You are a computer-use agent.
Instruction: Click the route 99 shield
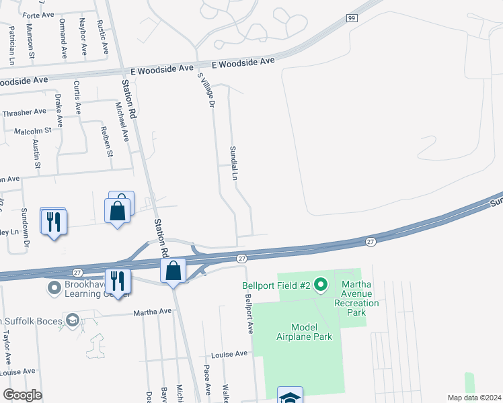[351, 19]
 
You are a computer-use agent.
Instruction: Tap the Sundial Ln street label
[234, 163]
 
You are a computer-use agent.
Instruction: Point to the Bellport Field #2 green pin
[321, 286]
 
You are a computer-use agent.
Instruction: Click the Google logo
[22, 395]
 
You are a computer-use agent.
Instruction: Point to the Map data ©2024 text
[473, 398]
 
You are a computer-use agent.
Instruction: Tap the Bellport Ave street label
[248, 314]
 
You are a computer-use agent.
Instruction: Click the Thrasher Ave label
[24, 112]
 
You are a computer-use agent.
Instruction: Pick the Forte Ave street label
[38, 15]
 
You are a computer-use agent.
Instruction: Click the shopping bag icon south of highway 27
[173, 271]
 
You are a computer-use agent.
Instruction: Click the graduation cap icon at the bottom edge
[290, 396]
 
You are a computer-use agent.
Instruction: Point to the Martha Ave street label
[153, 312]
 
